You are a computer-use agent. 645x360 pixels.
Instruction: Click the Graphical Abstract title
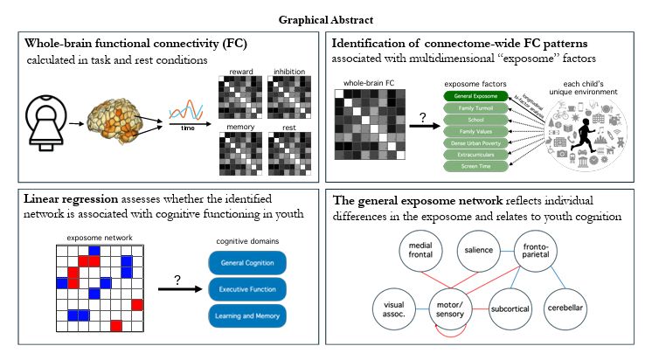click(322, 17)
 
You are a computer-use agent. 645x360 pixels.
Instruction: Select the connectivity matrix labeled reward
click(240, 104)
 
